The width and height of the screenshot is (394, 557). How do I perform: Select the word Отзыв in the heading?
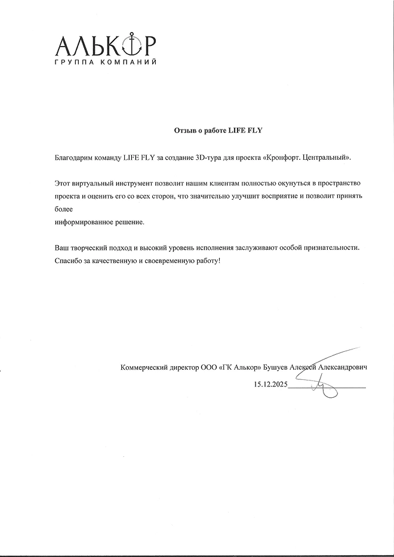[x=183, y=129]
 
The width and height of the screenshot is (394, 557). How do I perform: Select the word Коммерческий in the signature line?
[x=144, y=368]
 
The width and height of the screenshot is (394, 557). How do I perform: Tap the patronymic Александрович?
[x=343, y=368]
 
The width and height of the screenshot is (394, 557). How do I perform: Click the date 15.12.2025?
[x=270, y=385]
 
